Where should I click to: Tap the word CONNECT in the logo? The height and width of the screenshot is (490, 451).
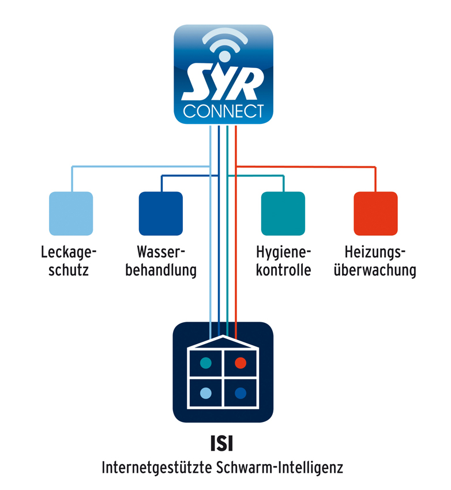[x=223, y=111]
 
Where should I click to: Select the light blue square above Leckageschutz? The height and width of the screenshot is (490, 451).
[x=71, y=213]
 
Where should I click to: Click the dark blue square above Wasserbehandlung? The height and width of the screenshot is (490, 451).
[x=161, y=213]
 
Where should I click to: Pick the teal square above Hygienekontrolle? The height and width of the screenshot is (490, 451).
[x=283, y=213]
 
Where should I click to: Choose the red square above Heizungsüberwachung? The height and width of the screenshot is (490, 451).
[x=375, y=213]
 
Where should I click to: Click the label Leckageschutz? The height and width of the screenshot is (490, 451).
[x=69, y=261]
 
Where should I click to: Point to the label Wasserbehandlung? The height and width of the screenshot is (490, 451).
[x=161, y=261]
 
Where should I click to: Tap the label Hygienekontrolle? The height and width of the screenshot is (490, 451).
[x=284, y=261]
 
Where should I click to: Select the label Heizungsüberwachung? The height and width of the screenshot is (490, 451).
[x=375, y=261]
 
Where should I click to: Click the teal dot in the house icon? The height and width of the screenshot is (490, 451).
[x=206, y=363]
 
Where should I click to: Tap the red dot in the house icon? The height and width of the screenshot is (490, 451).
[x=240, y=363]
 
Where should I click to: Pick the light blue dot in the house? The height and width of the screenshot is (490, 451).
[x=206, y=393]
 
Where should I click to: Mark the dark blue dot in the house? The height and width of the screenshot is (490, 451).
[x=240, y=393]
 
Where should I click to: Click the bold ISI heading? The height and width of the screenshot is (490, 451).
[x=221, y=443]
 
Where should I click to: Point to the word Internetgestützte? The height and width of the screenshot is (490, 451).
[x=157, y=468]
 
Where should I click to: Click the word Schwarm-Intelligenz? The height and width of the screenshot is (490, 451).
[x=279, y=468]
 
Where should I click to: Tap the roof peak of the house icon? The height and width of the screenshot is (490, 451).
[x=223, y=336]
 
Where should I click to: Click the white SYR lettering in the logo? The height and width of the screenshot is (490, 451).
[x=223, y=82]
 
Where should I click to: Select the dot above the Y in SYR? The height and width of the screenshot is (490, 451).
[x=224, y=56]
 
